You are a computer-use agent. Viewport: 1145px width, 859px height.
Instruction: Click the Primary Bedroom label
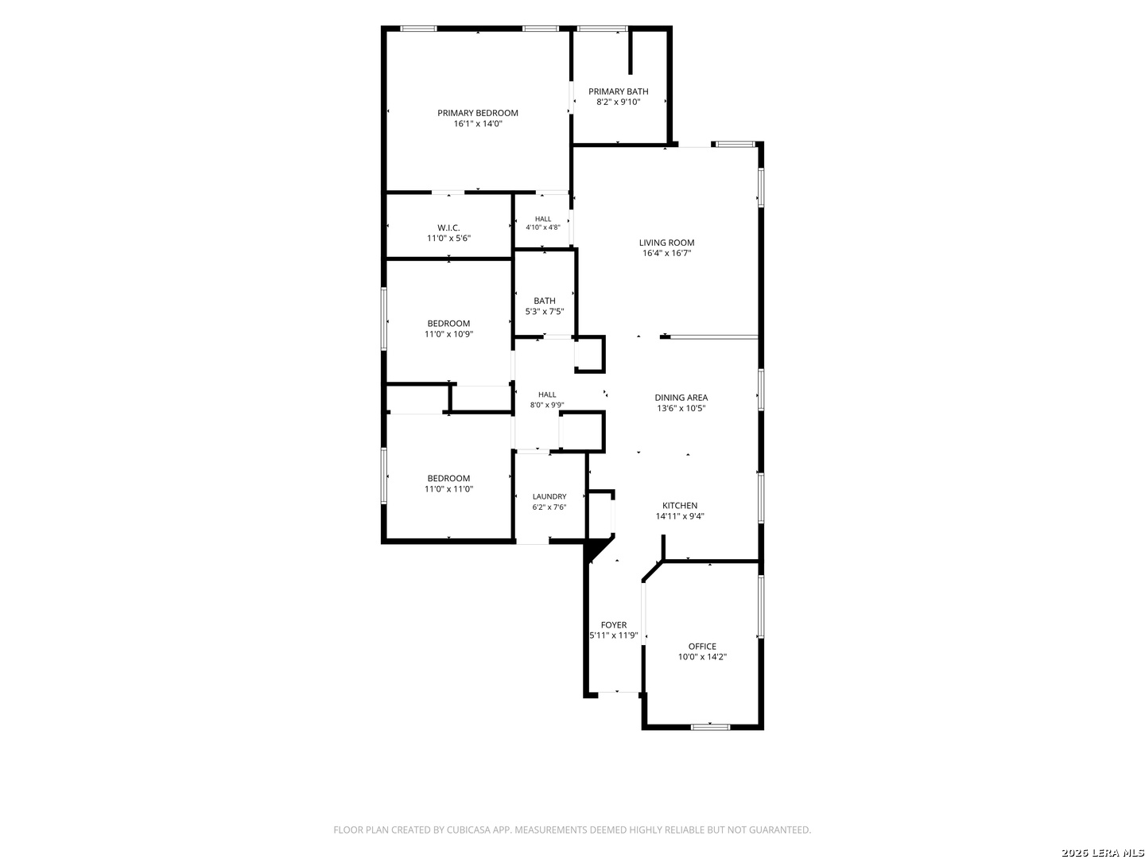click(x=477, y=113)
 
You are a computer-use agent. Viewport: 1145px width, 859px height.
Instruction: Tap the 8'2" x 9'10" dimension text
click(x=618, y=102)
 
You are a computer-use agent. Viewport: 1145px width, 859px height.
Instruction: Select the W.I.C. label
click(x=448, y=228)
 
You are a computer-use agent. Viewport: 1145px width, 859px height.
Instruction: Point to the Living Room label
click(x=666, y=243)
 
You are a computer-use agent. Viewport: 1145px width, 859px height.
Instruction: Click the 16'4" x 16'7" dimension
click(x=666, y=254)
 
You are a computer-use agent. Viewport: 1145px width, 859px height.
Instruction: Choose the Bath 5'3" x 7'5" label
click(x=544, y=306)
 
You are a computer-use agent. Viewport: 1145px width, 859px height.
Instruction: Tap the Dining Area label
click(x=681, y=398)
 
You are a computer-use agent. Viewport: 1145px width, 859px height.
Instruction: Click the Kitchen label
click(x=680, y=505)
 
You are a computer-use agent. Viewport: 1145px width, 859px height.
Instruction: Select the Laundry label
click(x=549, y=496)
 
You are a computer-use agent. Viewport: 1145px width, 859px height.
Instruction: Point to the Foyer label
click(x=613, y=625)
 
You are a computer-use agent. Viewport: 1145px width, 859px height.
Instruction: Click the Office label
click(x=702, y=646)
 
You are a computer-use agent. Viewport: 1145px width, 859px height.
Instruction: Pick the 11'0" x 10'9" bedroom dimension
click(x=448, y=334)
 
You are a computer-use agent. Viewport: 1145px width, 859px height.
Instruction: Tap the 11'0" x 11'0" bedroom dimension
click(x=448, y=489)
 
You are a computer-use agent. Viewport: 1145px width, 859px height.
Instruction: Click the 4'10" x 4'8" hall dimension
click(x=542, y=227)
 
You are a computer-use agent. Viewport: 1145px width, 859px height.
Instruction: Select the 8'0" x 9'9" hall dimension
click(x=547, y=405)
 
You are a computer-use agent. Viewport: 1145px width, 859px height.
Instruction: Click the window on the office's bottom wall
click(x=710, y=726)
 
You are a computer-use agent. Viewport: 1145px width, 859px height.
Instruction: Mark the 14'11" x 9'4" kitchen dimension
click(x=680, y=516)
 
